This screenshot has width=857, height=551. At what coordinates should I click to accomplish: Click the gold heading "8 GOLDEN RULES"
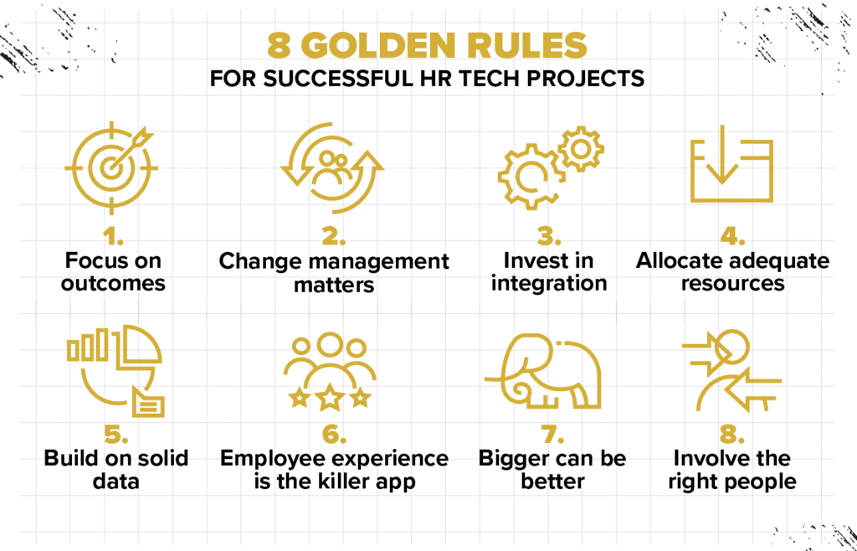point(427,46)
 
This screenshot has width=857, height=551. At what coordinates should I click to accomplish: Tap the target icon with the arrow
point(111,167)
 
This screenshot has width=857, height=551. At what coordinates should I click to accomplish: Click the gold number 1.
point(113,237)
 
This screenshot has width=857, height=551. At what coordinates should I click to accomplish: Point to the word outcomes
point(113,283)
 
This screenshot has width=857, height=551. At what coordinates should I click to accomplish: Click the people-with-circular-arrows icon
point(331,167)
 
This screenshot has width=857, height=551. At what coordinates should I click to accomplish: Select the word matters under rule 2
point(334,284)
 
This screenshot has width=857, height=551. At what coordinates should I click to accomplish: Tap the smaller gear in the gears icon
point(581,149)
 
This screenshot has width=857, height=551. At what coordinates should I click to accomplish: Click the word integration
point(549,284)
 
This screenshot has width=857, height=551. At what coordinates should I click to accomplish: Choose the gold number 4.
point(732,237)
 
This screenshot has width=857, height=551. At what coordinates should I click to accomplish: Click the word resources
point(732,284)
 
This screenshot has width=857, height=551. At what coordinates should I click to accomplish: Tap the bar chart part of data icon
point(87,344)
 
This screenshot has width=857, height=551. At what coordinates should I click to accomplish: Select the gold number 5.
point(116,435)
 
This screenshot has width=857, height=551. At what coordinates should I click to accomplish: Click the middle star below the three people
point(330,397)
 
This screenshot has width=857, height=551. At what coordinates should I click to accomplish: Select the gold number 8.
point(732,435)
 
